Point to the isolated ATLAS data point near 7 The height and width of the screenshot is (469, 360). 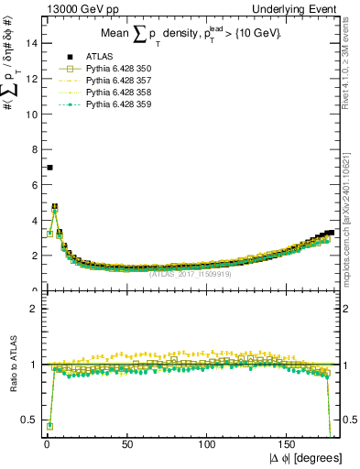[49, 168]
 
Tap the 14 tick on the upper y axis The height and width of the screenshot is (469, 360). [32, 43]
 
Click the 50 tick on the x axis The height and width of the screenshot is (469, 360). [126, 443]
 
